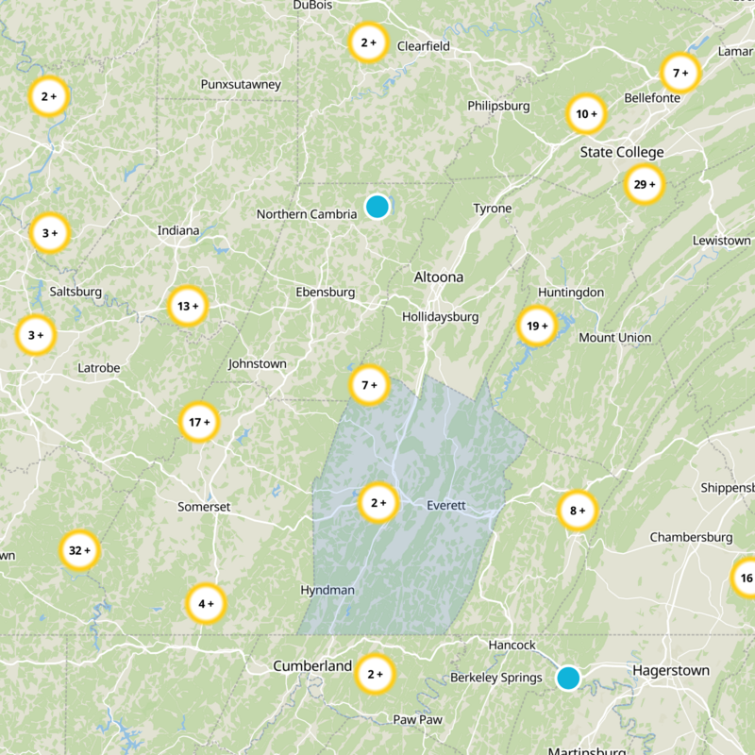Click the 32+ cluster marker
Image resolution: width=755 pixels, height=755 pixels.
[80, 549]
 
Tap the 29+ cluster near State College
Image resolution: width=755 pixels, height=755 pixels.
[646, 184]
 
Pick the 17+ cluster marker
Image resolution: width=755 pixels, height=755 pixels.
[199, 422]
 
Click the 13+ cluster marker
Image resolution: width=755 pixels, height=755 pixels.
[188, 306]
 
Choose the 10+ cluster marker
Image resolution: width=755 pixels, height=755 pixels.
[586, 114]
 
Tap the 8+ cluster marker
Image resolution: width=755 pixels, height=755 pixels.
[577, 511]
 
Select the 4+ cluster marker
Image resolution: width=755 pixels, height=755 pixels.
[205, 603]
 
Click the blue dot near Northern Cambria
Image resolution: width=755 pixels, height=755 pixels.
[377, 207]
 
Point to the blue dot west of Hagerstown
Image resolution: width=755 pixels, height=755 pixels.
[567, 678]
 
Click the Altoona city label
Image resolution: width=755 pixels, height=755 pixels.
[439, 277]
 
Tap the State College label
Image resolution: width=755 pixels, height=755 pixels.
[622, 152]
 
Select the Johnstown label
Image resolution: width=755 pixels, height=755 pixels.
[257, 363]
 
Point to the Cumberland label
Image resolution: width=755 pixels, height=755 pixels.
[312, 665]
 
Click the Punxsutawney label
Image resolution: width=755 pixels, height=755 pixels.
[241, 85]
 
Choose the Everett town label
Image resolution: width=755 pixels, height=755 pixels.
[446, 505]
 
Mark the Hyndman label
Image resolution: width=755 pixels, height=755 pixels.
[327, 590]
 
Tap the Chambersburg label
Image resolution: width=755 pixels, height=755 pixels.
[691, 537]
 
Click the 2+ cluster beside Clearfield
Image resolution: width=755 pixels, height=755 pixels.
[368, 42]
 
